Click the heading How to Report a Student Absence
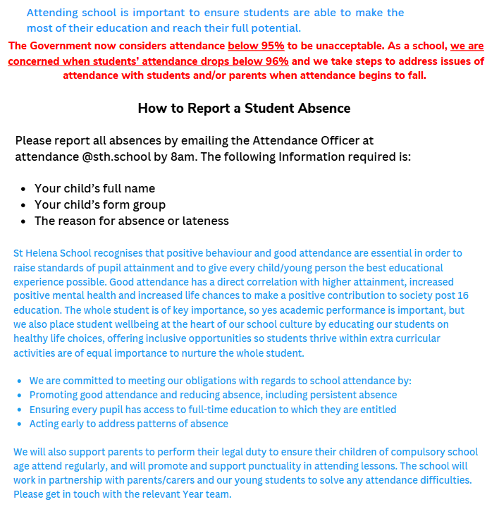(244, 109)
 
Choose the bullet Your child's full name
(94, 188)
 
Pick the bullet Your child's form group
(100, 204)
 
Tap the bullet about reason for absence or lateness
(131, 221)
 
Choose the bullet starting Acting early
(128, 424)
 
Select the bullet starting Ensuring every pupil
(212, 410)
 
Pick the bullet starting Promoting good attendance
(213, 395)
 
